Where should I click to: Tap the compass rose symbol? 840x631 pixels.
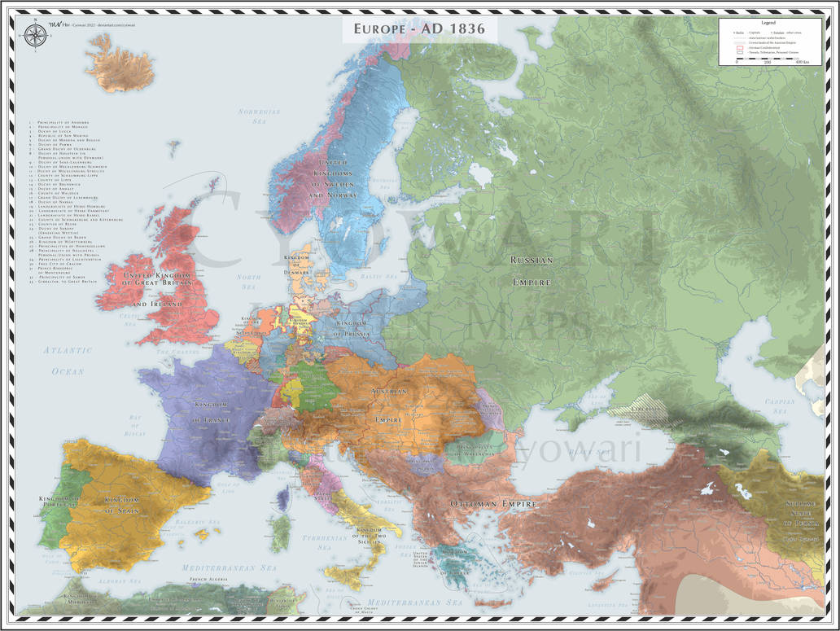[35, 35]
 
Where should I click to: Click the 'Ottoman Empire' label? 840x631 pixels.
[494, 504]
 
